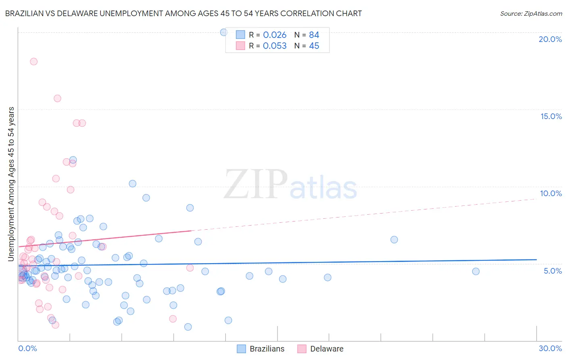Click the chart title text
tap(183, 13)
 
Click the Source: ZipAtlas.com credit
tap(531, 13)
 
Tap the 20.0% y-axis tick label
tap(550, 39)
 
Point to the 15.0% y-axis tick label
tap(551, 116)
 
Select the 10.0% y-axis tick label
tap(551, 193)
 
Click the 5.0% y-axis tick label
tap(552, 271)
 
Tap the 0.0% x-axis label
tap(27, 348)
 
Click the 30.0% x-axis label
tap(550, 348)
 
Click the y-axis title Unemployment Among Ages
tap(11, 184)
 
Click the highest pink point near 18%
tap(34, 62)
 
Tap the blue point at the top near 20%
tap(224, 32)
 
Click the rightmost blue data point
tap(476, 271)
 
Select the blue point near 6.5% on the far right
tap(394, 239)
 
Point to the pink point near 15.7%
tap(57, 98)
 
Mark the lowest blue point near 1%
tap(188, 327)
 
